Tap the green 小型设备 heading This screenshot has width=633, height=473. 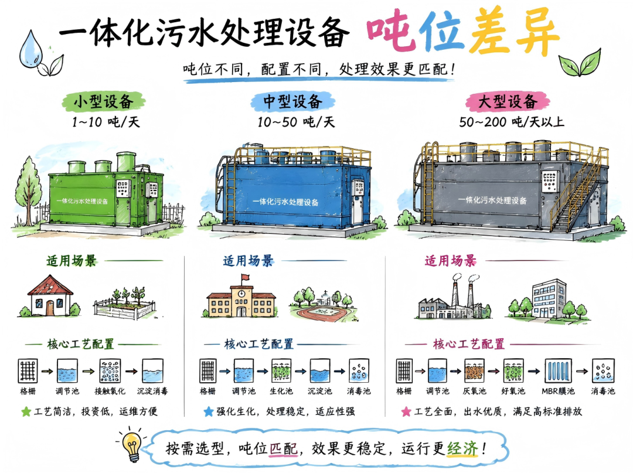(x=103, y=101)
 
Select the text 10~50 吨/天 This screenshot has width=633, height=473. (x=297, y=122)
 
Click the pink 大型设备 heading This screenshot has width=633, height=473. (x=508, y=101)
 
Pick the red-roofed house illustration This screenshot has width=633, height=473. (x=49, y=296)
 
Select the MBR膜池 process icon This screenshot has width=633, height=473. (x=559, y=370)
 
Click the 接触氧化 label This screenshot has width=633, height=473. (x=110, y=391)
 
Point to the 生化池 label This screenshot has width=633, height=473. (x=281, y=391)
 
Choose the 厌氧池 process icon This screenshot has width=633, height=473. (x=474, y=370)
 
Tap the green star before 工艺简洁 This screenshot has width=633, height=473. (x=26, y=411)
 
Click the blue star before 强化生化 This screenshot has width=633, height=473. (x=209, y=411)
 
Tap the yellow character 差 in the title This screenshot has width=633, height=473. (x=489, y=32)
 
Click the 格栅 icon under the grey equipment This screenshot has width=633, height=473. (x=404, y=370)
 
